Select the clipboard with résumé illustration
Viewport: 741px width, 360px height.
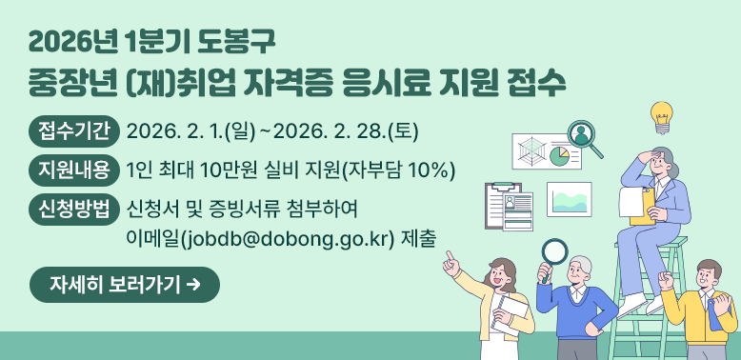[x=510, y=207]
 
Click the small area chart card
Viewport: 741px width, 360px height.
[x=569, y=199]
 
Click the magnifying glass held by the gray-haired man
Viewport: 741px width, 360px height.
[x=553, y=252]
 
